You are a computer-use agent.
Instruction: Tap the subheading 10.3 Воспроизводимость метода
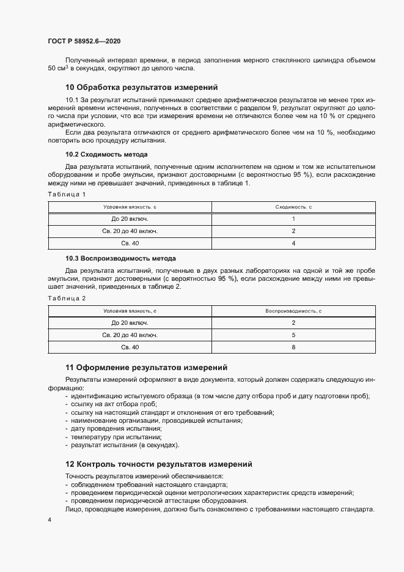click(120, 258)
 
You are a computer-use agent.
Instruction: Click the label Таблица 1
click(67, 194)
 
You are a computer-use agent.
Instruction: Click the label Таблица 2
click(67, 298)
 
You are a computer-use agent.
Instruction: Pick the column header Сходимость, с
click(293, 207)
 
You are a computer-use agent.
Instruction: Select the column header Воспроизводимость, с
click(293, 311)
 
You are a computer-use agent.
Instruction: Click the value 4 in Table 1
click(293, 243)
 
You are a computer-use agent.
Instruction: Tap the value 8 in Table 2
click(293, 347)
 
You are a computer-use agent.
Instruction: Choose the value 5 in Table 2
click(293, 335)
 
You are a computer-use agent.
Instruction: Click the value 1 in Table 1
click(293, 219)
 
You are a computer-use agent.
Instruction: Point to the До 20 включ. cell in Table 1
click(130, 219)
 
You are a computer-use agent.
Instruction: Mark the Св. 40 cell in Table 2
click(130, 347)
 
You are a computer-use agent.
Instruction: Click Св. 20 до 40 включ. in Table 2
click(130, 335)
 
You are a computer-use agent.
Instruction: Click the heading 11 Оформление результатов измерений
click(146, 368)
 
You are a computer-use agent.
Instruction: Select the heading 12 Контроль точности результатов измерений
click(158, 464)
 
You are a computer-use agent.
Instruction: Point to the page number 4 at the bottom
click(49, 519)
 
